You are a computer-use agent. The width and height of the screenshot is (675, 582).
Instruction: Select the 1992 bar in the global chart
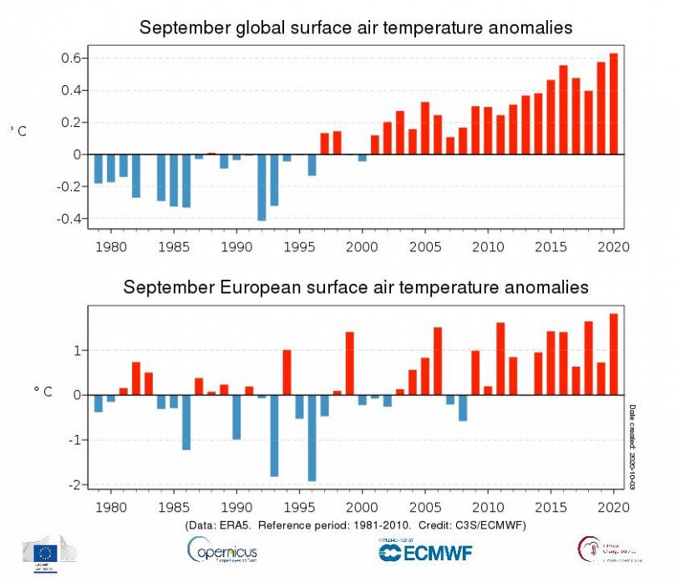(x=261, y=187)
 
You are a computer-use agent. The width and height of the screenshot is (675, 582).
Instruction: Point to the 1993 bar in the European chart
(x=274, y=435)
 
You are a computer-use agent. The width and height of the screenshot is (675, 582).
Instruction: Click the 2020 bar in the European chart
(x=614, y=354)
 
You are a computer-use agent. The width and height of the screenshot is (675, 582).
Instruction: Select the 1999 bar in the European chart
(x=349, y=363)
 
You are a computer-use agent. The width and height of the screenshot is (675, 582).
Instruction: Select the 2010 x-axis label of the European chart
(x=488, y=506)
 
